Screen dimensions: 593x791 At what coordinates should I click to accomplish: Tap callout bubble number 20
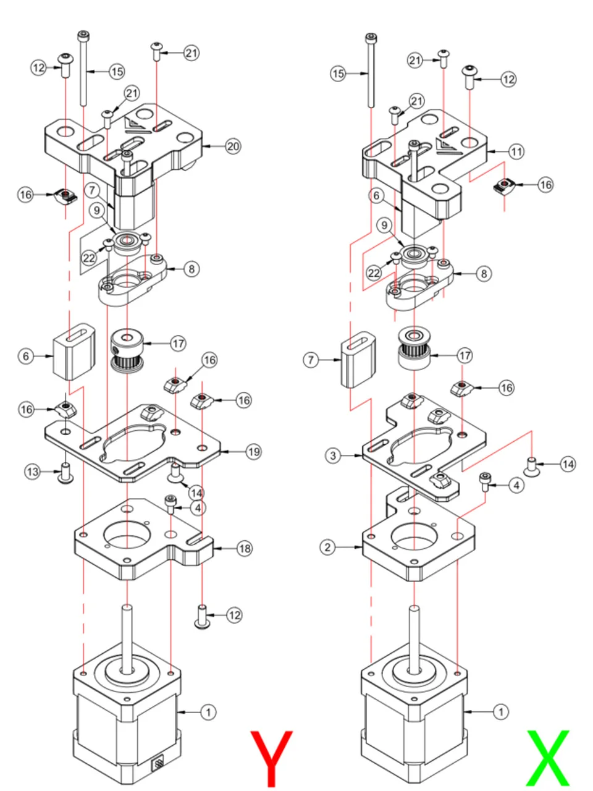(233, 146)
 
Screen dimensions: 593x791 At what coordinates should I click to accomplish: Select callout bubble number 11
(516, 151)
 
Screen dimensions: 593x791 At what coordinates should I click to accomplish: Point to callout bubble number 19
(253, 452)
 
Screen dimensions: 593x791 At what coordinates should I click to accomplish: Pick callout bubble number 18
(245, 549)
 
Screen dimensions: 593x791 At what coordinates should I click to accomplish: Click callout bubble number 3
(333, 455)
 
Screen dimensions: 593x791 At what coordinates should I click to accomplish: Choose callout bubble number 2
(327, 548)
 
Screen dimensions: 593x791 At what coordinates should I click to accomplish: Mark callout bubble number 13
(32, 472)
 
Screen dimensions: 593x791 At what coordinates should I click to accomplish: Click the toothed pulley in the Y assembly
(127, 352)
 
